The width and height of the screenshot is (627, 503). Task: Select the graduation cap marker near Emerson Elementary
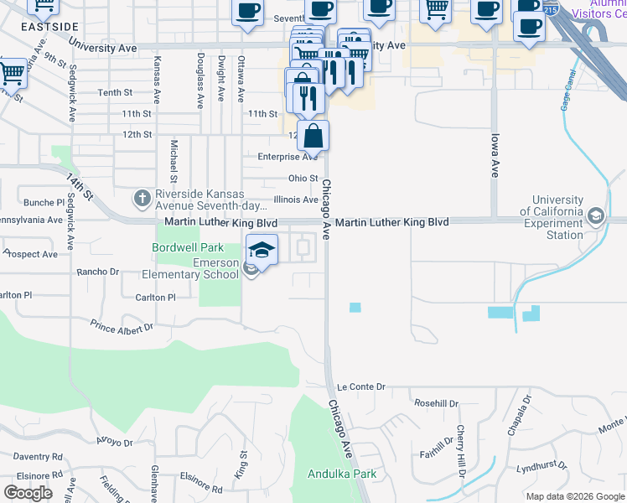pos(262,249)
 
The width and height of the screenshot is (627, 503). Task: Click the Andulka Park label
pos(341,474)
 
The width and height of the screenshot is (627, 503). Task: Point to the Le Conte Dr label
pos(360,387)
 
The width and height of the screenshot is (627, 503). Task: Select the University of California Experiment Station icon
pos(595,216)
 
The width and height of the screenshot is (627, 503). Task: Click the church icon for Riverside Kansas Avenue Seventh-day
pos(142,199)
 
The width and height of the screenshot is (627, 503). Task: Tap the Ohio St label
pos(303,179)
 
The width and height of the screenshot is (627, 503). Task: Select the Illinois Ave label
pos(296,200)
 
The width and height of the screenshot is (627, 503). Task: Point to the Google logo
pos(28,493)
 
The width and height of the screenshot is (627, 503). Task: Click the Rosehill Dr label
pos(436,403)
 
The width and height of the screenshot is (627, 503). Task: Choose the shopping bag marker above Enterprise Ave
pos(313,135)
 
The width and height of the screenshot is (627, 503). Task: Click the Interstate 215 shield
pos(550,10)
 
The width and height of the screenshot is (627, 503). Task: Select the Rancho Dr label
pos(98,272)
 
